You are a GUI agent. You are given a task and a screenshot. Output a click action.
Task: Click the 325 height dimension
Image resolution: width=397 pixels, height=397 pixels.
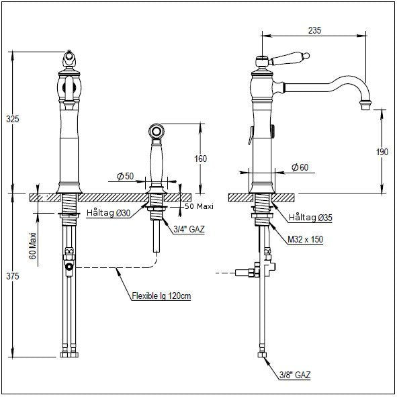tap(12, 119)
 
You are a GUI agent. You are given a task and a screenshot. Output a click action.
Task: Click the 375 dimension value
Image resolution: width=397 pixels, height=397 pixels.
tap(12, 276)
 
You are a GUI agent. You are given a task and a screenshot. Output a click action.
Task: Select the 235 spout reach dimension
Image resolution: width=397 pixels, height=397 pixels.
tap(315, 30)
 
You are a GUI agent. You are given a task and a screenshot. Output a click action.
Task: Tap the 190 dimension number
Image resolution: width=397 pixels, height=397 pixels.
tap(382, 152)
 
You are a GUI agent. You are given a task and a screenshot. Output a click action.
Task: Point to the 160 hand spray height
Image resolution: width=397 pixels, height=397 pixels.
tap(201, 159)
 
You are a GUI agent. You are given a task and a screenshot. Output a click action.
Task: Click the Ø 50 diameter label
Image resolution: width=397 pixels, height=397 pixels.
tap(125, 176)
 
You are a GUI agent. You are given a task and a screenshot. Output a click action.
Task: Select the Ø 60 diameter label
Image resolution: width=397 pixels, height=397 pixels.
tap(300, 167)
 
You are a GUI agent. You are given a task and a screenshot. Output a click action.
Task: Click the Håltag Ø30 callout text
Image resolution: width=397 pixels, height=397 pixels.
tap(108, 213)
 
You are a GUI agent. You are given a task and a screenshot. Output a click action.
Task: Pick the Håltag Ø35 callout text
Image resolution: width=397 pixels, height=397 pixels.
tap(310, 217)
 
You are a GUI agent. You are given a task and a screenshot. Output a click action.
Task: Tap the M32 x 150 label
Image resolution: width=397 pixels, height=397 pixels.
tap(306, 239)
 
